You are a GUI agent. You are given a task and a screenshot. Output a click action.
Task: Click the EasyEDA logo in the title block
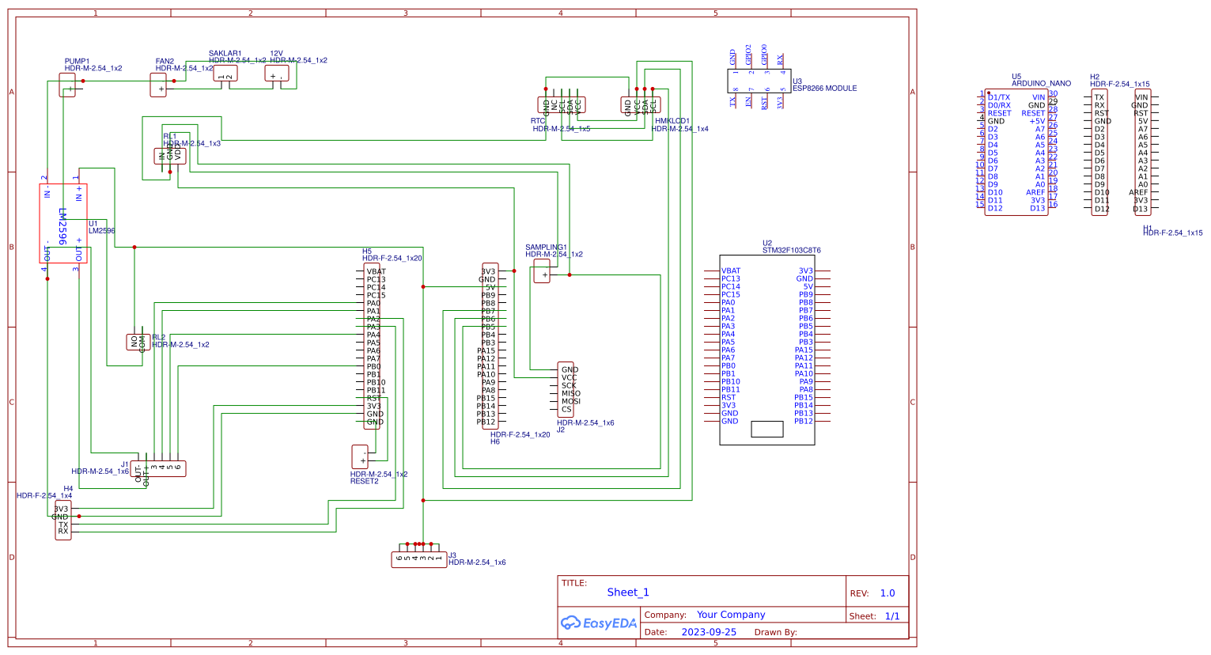point(599,623)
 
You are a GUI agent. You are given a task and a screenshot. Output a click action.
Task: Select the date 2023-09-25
point(708,632)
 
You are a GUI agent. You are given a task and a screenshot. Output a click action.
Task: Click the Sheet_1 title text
point(627,593)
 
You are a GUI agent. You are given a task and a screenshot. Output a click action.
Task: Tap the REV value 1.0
point(887,593)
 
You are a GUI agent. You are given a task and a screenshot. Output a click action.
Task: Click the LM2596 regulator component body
point(63,224)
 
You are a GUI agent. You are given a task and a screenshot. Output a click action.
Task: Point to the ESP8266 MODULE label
point(824,89)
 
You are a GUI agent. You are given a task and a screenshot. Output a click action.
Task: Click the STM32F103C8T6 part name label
point(791,251)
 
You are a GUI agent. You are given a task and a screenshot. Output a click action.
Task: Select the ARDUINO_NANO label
point(1041,83)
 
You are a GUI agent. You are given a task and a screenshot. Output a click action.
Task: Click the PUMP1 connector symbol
point(68,85)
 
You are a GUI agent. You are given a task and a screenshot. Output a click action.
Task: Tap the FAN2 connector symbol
point(158,85)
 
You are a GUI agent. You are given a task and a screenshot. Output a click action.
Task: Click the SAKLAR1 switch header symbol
point(225,74)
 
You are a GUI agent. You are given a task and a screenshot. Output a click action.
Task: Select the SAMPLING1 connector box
point(542,272)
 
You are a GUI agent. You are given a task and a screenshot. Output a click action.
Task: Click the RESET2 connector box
point(360,457)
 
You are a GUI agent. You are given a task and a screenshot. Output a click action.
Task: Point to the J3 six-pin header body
point(419,559)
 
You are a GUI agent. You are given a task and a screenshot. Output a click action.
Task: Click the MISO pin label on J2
point(571,393)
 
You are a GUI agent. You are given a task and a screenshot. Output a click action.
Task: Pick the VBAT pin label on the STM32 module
point(731,271)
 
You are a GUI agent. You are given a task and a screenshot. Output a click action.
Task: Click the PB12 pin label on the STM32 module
point(804,422)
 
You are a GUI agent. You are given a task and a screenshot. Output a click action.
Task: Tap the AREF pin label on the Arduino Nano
point(1035,192)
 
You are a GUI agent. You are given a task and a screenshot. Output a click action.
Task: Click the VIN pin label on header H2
point(1141,97)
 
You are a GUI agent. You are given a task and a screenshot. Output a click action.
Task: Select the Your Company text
point(731,615)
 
